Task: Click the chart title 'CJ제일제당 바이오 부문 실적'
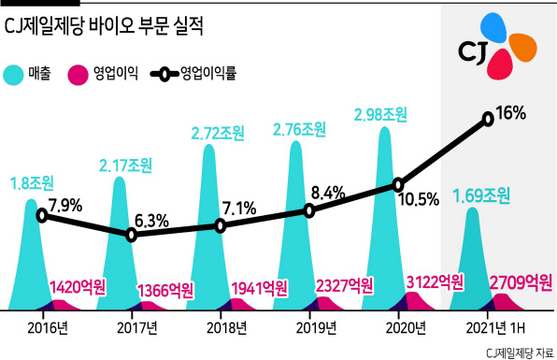[x=104, y=26]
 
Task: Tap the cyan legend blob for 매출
[x=14, y=76]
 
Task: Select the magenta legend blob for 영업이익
[x=78, y=76]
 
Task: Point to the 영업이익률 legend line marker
[x=164, y=75]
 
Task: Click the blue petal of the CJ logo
[x=493, y=27]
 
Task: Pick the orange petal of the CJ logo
[x=523, y=47]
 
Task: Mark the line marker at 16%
[x=489, y=119]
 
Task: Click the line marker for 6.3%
[x=132, y=235]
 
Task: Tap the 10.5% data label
[x=419, y=200]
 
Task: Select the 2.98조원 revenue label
[x=380, y=115]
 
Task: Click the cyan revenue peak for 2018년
[x=209, y=226]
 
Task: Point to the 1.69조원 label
[x=481, y=195]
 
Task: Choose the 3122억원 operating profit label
[x=435, y=281]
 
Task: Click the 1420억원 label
[x=77, y=287]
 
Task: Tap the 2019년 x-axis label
[x=316, y=328]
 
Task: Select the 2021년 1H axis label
[x=495, y=328]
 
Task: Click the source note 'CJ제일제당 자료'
[x=520, y=353]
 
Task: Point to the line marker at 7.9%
[x=42, y=215]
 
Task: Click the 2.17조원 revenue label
[x=125, y=166]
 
